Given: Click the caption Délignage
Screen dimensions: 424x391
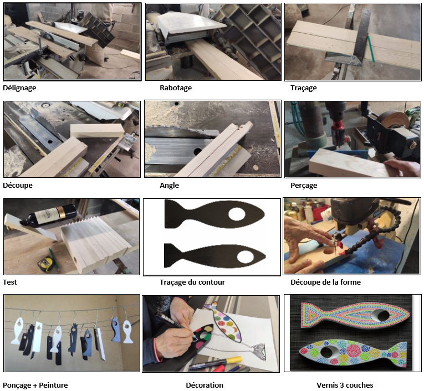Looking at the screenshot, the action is tap(19, 88).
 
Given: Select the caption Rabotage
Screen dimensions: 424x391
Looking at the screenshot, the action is tap(176, 88).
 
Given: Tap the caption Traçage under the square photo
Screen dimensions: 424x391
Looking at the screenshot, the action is tap(304, 88).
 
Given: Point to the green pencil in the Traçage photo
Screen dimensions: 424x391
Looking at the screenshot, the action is tap(370, 50).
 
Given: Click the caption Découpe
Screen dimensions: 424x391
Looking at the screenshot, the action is tap(18, 186).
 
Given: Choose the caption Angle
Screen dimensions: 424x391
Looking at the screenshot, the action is tap(169, 186).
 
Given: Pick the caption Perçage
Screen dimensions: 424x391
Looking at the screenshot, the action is tap(304, 186).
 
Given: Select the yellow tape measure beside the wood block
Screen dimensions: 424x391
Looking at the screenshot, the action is tap(45, 263).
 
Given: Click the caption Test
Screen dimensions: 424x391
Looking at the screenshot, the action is tap(10, 282).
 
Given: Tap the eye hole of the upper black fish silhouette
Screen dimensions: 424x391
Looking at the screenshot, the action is tap(237, 214).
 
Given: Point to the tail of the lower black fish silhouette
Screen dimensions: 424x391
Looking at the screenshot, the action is tap(172, 256).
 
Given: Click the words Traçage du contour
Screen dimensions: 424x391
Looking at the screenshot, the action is tap(192, 282).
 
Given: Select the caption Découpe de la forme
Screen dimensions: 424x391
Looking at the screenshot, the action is tap(325, 282).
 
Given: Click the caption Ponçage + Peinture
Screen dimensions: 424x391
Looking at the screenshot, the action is tap(35, 385).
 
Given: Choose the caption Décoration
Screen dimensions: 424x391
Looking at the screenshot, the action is tap(205, 385).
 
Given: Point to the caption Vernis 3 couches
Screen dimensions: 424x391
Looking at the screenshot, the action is tap(345, 385).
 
